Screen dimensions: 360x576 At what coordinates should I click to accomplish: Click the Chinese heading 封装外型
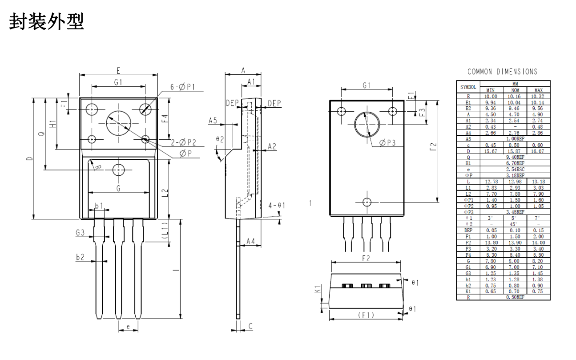46,21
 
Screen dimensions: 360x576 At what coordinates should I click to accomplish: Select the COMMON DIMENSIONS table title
502,72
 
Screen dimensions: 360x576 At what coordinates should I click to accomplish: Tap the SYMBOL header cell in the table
468,87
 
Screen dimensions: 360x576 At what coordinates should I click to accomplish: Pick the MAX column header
538,90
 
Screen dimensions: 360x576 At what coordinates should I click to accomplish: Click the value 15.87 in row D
515,151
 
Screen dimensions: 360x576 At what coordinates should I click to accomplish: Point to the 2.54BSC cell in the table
515,170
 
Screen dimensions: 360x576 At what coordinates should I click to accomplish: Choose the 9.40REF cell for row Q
515,157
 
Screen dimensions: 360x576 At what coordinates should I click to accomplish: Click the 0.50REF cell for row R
515,297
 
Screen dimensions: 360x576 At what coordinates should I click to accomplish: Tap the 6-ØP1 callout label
183,87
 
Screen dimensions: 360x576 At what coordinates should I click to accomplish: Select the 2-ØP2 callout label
184,142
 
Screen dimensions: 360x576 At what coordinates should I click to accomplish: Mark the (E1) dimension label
366,315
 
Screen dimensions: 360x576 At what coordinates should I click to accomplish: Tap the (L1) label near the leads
165,231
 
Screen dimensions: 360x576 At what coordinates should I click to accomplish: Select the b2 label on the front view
81,257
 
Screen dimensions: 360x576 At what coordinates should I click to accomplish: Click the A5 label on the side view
213,120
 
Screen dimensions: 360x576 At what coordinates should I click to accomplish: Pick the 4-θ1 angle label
277,205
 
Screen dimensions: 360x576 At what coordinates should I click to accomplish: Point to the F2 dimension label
434,147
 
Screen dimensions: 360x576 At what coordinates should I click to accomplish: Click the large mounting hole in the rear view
367,125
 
